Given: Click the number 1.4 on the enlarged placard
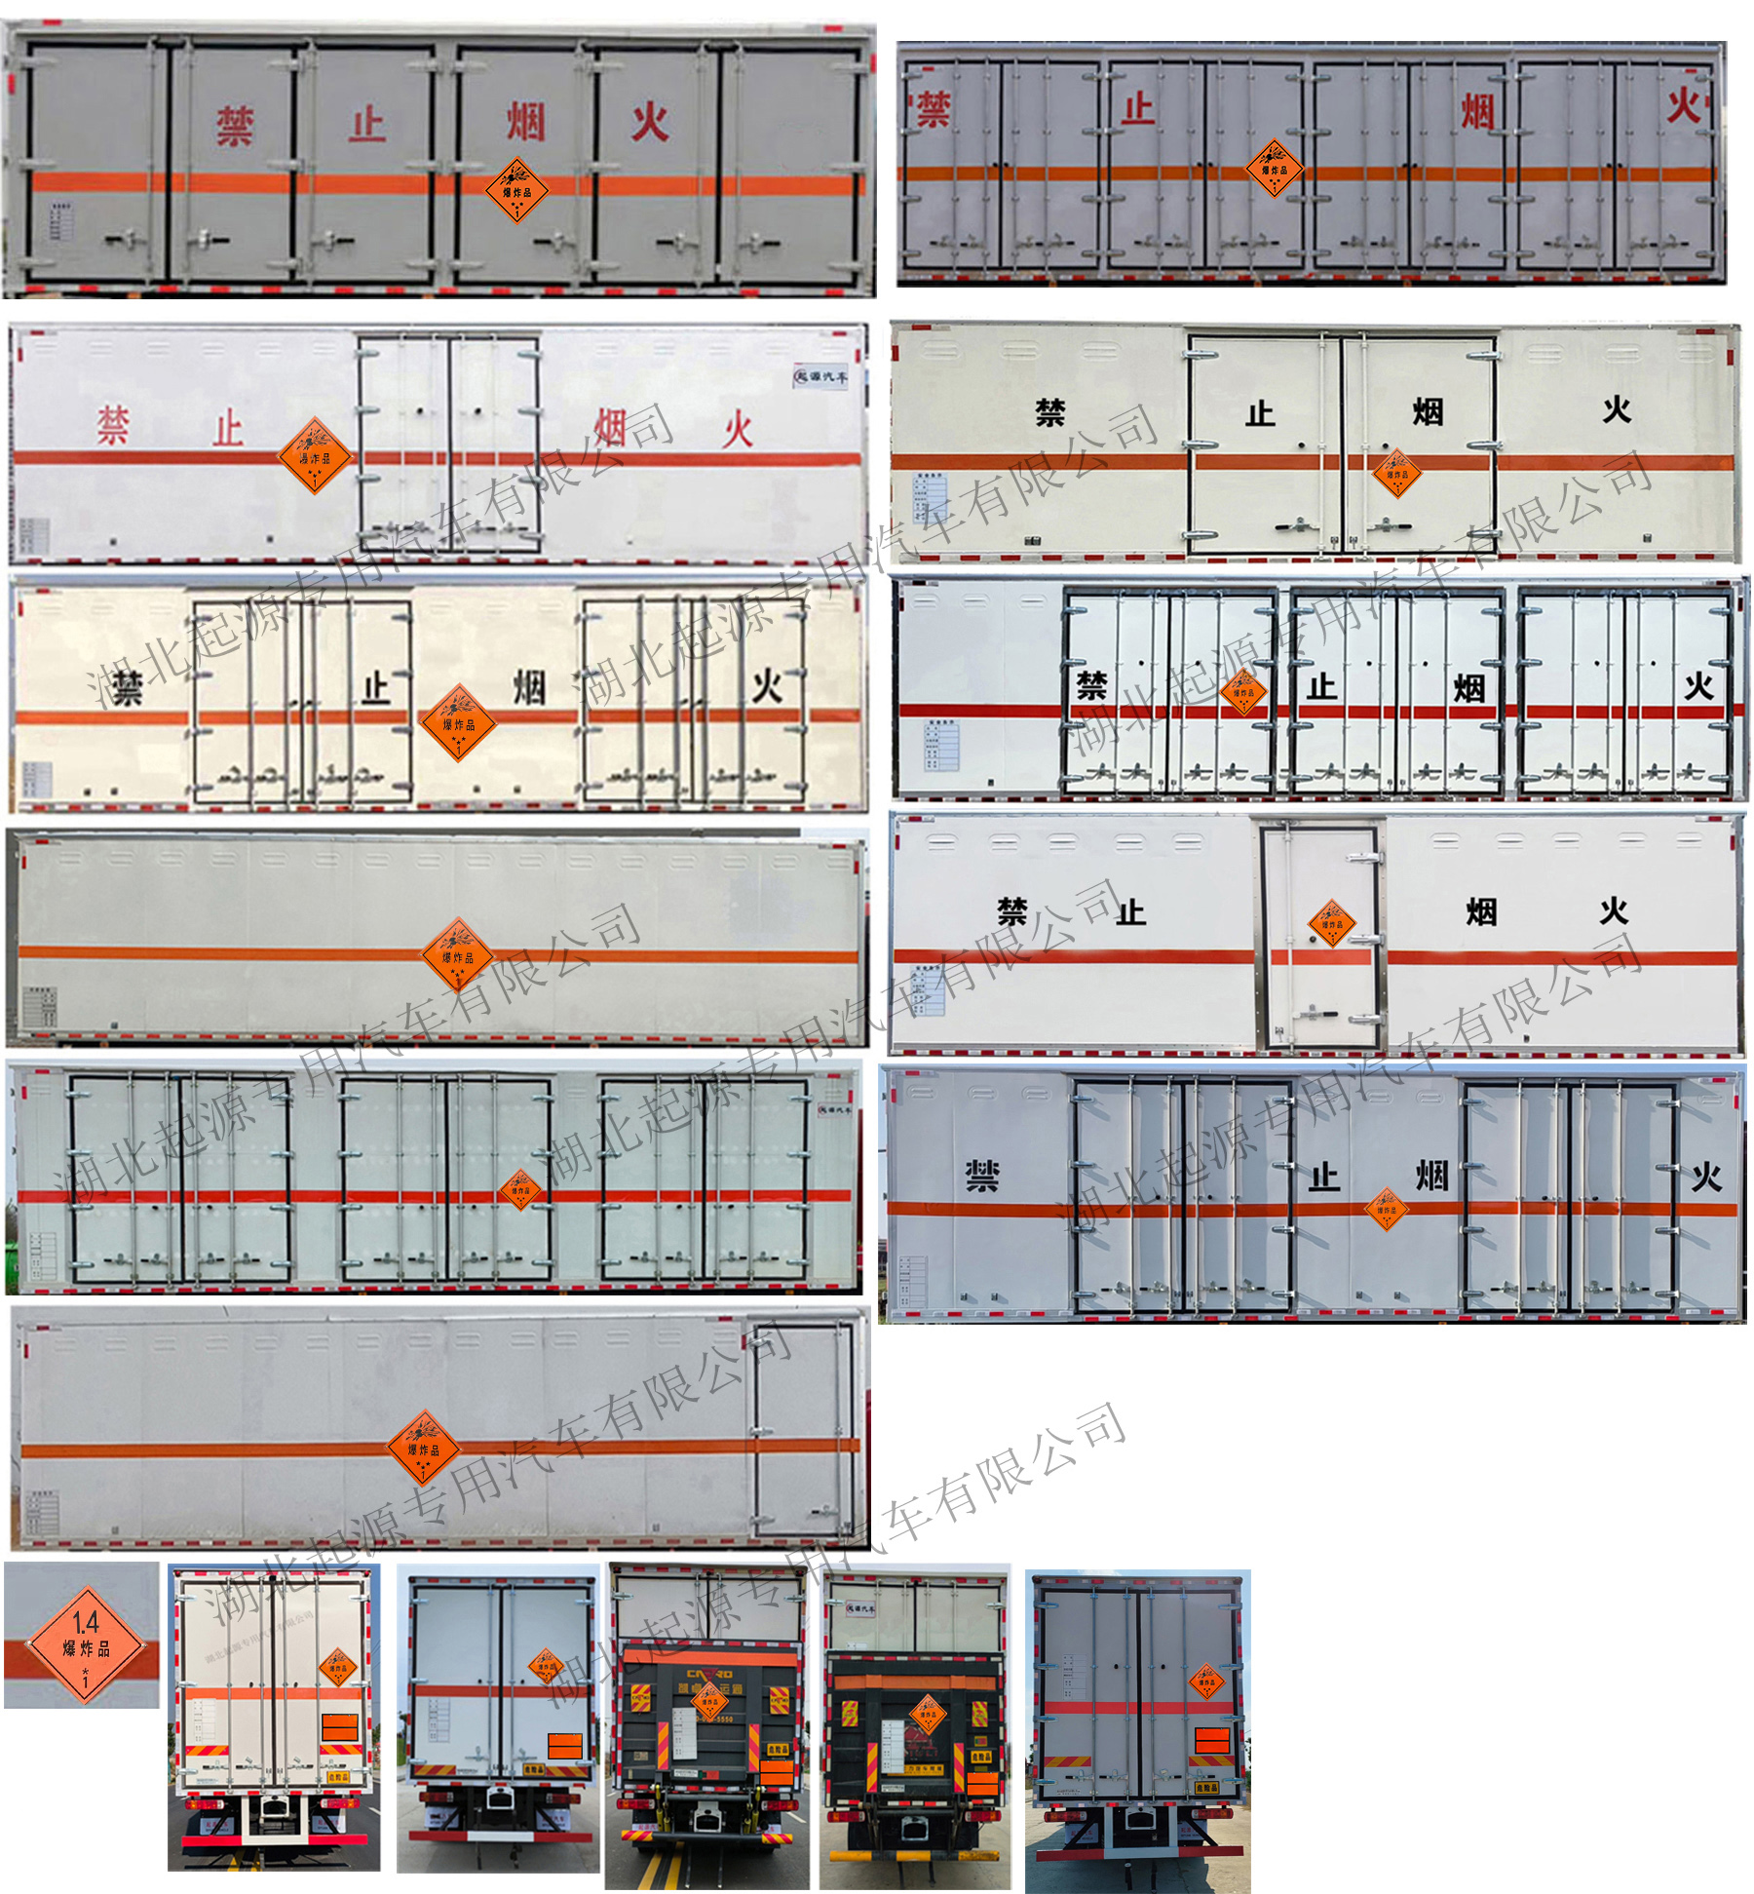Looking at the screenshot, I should pos(85,1622).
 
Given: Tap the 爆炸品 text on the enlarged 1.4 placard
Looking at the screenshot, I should pos(86,1647).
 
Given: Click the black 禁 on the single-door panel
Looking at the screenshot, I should pos(1012,912).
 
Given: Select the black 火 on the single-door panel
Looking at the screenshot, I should pos(1613,911).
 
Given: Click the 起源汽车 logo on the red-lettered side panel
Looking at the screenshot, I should pos(820,376).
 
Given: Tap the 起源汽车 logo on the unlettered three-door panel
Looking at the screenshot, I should pos(834,1109).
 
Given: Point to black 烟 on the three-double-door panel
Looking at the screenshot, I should pos(1468,688).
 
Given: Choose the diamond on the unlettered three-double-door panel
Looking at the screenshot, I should pos(519,1189).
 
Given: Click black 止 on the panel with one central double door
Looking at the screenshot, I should pos(1259,413).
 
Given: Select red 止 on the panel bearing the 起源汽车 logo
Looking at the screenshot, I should pos(228,429).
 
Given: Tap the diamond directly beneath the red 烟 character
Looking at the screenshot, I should pos(515,190).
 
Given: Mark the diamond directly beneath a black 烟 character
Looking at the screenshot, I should pos(1395,474).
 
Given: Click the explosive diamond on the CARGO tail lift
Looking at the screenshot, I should pos(708,1701).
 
